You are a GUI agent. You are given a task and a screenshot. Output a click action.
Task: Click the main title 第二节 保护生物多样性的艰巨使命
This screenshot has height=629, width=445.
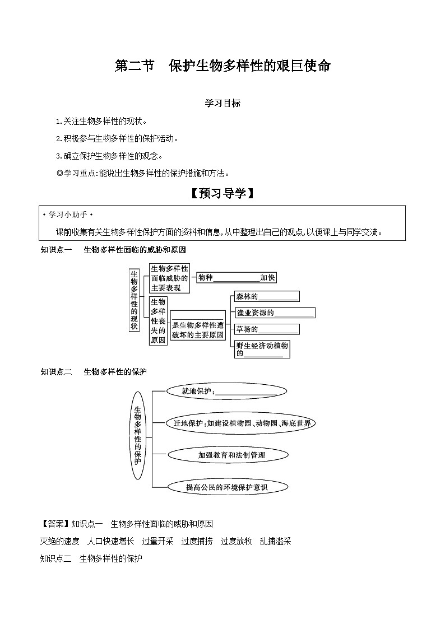pyautogui.click(x=222, y=66)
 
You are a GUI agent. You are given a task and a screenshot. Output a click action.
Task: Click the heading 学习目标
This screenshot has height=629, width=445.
pyautogui.click(x=222, y=104)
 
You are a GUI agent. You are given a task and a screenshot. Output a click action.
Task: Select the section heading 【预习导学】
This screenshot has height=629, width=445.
pyautogui.click(x=222, y=194)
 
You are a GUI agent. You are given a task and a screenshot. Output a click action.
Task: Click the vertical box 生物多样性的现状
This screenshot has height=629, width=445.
pyautogui.click(x=134, y=300)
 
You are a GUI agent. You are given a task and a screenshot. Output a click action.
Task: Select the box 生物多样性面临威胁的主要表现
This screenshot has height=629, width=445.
pyautogui.click(x=169, y=278)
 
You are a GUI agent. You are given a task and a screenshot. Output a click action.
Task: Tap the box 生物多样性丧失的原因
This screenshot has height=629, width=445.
pyautogui.click(x=159, y=320)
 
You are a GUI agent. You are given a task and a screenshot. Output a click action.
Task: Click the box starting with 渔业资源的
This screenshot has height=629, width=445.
pyautogui.click(x=274, y=313)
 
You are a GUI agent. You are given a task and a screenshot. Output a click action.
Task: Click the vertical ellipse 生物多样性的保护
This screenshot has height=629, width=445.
pyautogui.click(x=138, y=435)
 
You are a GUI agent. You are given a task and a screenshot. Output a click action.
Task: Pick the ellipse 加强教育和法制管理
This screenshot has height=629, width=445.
pyautogui.click(x=231, y=455)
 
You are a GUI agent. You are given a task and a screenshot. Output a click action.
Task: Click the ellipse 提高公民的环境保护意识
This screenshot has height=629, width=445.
pyautogui.click(x=227, y=487)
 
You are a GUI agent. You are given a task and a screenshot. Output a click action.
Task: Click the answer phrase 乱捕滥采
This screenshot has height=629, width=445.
pyautogui.click(x=275, y=541)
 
